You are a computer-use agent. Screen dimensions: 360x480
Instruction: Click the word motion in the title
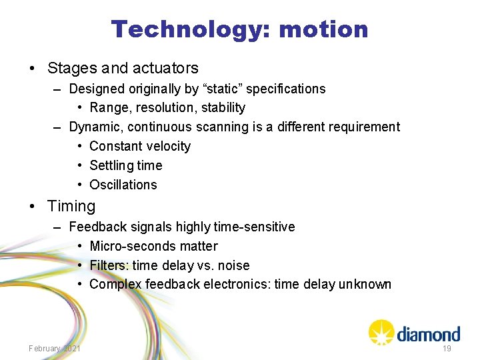coord(323,29)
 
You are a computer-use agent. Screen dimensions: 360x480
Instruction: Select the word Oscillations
coord(123,185)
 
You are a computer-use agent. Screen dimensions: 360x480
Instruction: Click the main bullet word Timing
coord(71,207)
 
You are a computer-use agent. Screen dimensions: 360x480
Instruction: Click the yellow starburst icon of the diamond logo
coord(381,331)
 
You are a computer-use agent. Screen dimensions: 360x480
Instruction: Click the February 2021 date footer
coord(55,349)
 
